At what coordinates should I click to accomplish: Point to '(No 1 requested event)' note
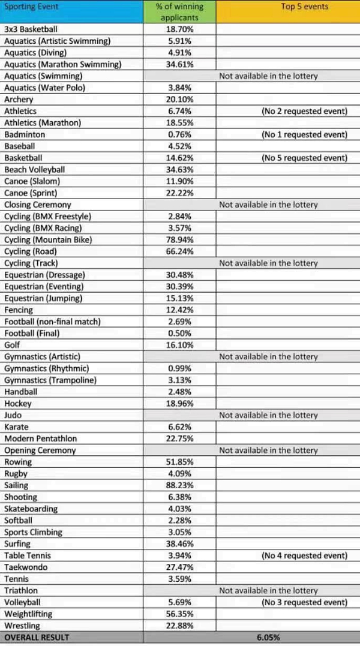click(x=304, y=134)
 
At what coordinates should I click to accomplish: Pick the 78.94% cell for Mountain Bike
click(x=179, y=240)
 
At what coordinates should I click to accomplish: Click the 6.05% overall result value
click(x=269, y=638)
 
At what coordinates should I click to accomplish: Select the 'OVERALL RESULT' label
click(x=37, y=638)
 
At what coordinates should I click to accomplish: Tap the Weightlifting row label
click(x=28, y=614)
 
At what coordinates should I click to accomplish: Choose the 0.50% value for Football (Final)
click(x=179, y=333)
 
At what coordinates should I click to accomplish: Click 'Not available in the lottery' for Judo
click(x=268, y=415)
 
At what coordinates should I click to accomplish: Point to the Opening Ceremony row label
click(x=40, y=450)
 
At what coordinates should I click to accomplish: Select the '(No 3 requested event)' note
click(x=304, y=602)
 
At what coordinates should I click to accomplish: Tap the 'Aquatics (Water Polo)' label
click(x=45, y=88)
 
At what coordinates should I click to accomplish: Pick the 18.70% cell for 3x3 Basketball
click(x=179, y=29)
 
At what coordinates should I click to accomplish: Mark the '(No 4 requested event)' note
click(x=304, y=555)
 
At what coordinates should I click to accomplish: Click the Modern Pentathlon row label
click(x=40, y=438)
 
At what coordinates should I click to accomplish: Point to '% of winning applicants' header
click(x=179, y=12)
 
